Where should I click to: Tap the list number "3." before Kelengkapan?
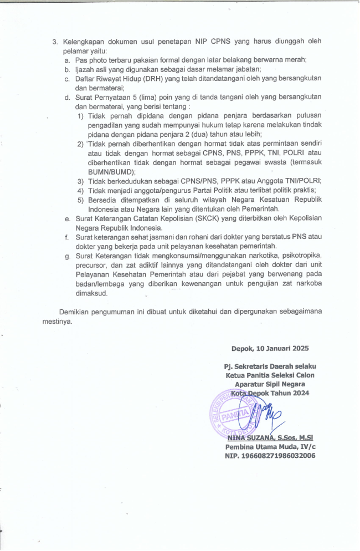55,42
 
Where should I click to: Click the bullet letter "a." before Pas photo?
67,60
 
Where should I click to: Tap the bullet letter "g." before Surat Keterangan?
67,256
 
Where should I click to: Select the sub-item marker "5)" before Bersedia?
81,200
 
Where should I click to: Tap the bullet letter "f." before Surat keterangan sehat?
67,237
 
